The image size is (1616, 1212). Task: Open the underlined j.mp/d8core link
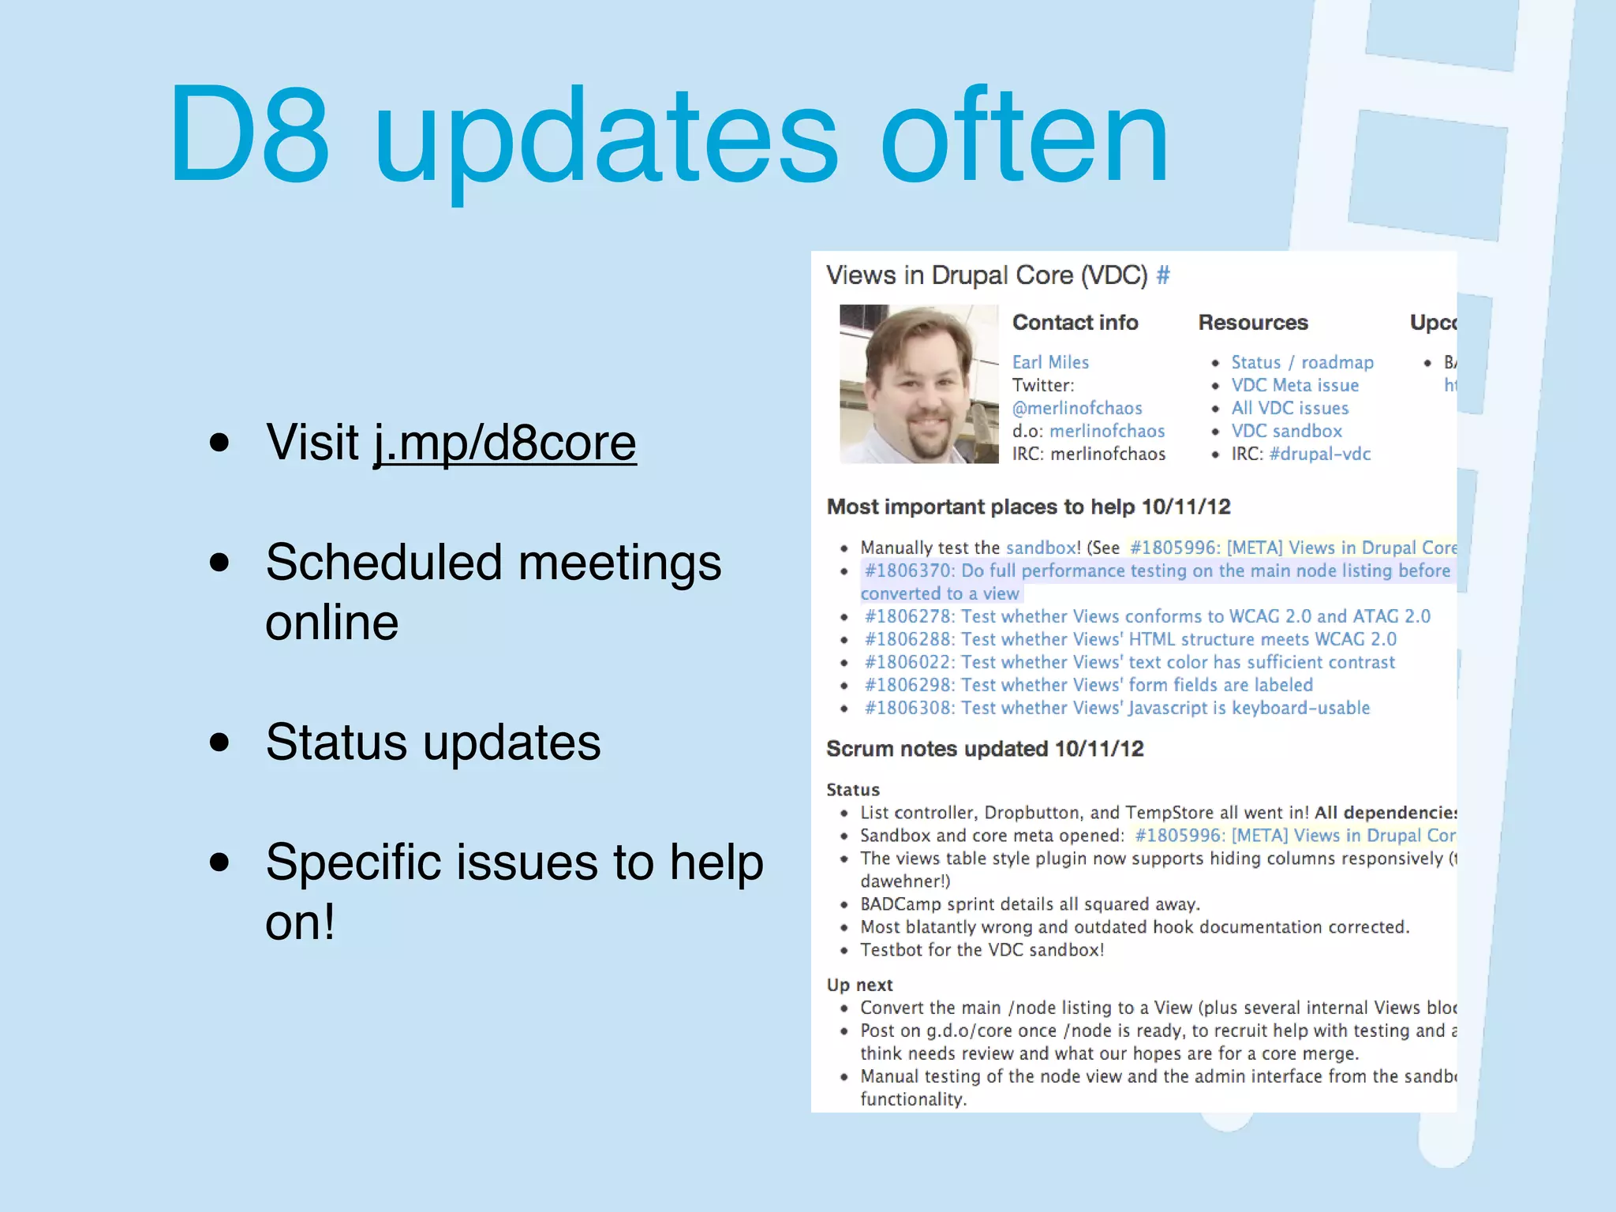[505, 443]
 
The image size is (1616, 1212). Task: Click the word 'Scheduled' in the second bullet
[384, 563]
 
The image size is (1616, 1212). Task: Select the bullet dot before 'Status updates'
[219, 743]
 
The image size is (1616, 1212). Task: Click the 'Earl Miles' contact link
[1050, 362]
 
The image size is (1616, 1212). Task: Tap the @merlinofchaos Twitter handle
[1077, 408]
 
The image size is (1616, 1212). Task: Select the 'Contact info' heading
[1075, 322]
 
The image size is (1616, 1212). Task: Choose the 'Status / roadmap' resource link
[1302, 362]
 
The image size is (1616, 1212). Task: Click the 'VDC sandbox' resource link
[1286, 431]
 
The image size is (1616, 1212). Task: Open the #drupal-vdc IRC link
[1319, 454]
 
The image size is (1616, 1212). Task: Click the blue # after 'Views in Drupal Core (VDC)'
[1163, 275]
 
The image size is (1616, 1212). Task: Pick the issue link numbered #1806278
[1147, 616]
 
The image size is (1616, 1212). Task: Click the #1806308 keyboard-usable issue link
[1117, 708]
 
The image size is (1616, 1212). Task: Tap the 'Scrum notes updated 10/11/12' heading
[985, 748]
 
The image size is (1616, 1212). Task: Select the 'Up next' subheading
[859, 985]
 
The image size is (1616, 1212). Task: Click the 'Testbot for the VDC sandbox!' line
[982, 950]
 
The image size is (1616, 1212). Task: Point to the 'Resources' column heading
[1253, 322]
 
